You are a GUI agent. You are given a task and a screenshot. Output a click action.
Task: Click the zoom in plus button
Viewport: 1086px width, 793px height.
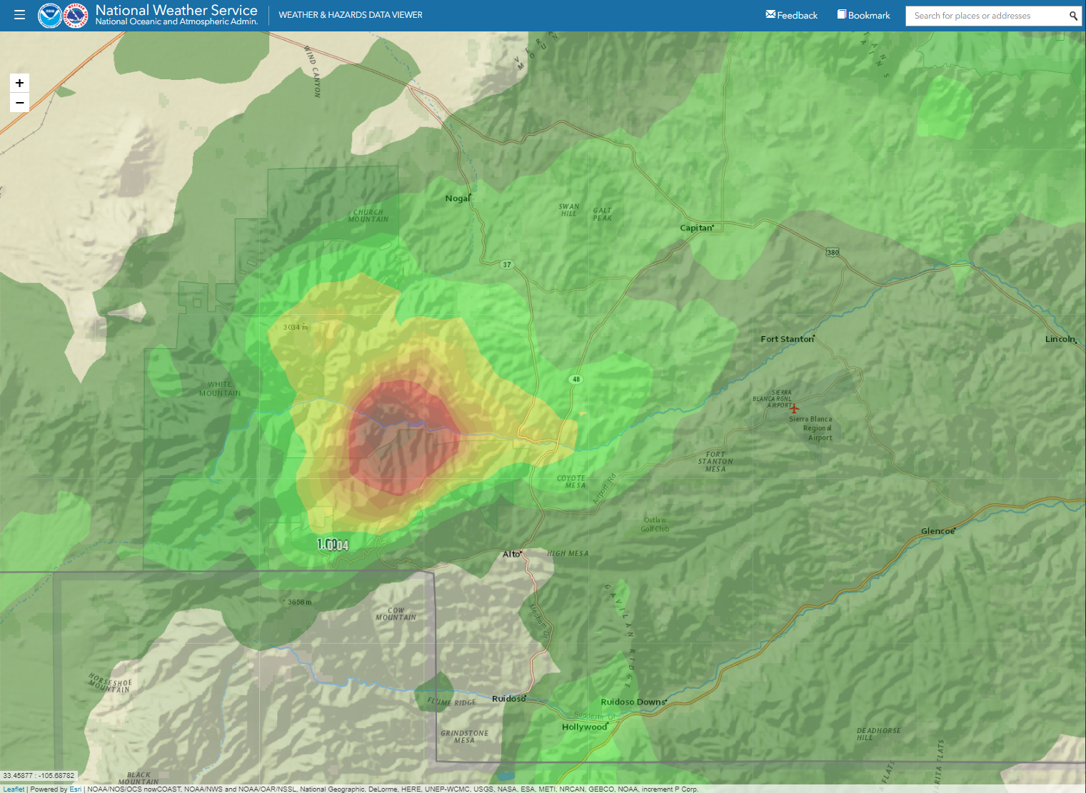(19, 83)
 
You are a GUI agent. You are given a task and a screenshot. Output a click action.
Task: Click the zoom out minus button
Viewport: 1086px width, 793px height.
(19, 103)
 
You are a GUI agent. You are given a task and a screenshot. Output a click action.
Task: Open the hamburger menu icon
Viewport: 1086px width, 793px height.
(19, 15)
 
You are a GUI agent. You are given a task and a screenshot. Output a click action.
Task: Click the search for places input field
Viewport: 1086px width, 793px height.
(985, 16)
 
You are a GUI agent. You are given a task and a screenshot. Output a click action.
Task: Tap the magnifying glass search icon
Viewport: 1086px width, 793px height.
(1072, 16)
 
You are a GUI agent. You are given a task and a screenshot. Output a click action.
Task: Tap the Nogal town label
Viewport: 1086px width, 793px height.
(458, 198)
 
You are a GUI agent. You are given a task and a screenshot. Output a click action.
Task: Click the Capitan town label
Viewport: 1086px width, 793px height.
(696, 228)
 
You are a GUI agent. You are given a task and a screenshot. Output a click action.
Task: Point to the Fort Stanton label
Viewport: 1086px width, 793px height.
(787, 339)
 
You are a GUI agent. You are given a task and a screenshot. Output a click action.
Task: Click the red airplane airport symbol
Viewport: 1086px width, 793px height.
(794, 408)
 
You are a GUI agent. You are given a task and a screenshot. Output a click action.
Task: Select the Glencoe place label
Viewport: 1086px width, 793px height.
(937, 531)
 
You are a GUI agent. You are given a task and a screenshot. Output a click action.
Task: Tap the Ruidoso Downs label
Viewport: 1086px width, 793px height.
(633, 702)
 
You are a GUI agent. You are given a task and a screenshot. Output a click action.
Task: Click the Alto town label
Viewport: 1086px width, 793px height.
(511, 554)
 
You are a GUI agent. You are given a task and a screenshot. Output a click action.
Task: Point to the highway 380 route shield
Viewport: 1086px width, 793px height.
(833, 253)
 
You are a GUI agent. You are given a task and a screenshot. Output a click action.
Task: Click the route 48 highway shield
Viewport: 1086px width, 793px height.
(576, 379)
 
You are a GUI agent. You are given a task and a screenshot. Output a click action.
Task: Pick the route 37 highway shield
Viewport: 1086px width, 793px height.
(507, 265)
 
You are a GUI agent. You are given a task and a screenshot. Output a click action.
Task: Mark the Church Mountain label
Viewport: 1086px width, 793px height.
(368, 216)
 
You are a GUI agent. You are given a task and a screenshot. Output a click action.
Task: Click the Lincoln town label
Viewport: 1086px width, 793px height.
(1060, 339)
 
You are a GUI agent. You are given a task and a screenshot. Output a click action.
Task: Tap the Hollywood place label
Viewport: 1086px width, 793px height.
(584, 727)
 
